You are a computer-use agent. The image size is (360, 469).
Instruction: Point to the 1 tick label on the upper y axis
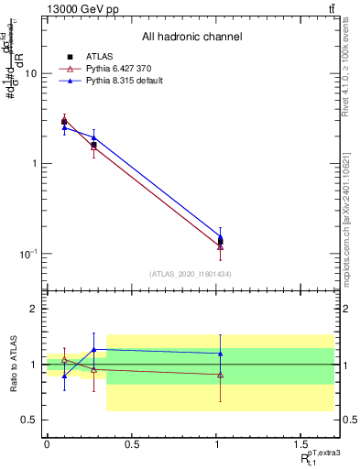click(33, 164)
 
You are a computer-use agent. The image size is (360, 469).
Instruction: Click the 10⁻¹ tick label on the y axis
click(27, 254)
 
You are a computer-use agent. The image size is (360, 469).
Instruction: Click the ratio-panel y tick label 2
click(33, 310)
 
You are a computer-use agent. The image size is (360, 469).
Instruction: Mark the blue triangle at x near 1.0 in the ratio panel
click(220, 354)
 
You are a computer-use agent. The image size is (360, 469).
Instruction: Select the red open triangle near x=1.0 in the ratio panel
click(220, 375)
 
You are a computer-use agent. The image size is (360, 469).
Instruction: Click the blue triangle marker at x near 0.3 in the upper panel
click(93, 137)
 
